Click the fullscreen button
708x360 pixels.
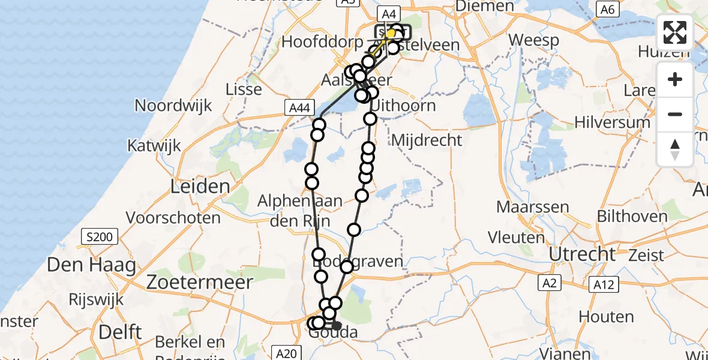675,32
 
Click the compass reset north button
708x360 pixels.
675,149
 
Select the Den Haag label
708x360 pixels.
91,265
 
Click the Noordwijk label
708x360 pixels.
173,106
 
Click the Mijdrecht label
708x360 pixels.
427,140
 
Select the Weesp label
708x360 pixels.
534,41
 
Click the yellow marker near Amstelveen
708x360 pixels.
391,34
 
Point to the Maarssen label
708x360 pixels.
532,208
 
